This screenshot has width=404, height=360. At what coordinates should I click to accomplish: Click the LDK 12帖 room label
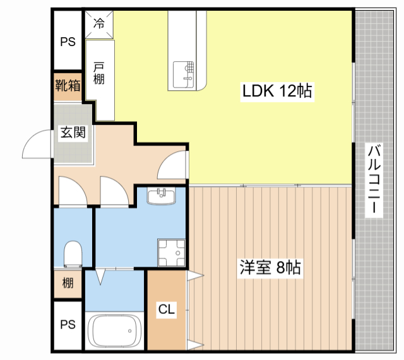[x=277, y=91]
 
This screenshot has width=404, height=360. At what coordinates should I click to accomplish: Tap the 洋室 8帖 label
[x=270, y=267]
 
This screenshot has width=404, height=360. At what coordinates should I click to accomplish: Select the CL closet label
[x=167, y=309]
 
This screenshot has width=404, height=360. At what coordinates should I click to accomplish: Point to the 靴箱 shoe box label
[x=68, y=86]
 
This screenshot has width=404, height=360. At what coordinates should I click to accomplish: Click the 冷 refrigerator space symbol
[x=99, y=24]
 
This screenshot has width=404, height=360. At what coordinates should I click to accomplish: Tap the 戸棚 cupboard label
[x=99, y=74]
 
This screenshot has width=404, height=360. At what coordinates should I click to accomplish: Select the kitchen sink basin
[x=183, y=74]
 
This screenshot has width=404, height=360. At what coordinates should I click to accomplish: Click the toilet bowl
[x=73, y=254]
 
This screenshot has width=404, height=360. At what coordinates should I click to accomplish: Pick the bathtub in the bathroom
[x=114, y=331]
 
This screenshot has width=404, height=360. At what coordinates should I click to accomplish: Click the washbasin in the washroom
[x=162, y=195]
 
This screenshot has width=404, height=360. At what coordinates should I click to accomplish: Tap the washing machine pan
[x=171, y=253]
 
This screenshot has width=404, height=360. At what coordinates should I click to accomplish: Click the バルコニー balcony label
[x=374, y=179]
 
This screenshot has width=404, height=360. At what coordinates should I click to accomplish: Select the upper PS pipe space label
[x=68, y=42]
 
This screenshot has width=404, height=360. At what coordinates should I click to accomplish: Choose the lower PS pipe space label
[x=68, y=325]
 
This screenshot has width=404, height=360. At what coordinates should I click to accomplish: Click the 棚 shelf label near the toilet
[x=68, y=283]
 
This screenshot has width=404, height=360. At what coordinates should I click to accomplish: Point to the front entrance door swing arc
[x=30, y=139]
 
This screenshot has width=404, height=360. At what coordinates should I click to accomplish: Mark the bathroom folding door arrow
[x=100, y=277]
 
